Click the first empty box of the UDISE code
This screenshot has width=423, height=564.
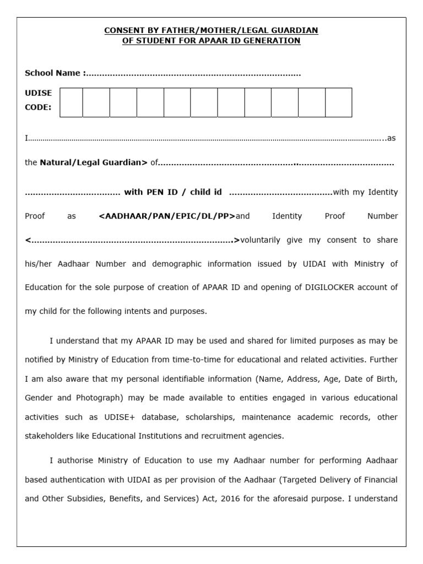[x=71, y=102]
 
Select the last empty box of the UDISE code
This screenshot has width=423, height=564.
[x=338, y=102]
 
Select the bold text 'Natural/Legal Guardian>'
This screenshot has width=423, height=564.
[x=94, y=162]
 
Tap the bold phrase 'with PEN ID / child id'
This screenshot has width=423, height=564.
[x=173, y=192]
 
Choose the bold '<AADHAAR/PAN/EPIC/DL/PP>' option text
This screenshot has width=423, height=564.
[x=167, y=216]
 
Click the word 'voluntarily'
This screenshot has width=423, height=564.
[x=261, y=240]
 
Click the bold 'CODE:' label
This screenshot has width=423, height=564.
[x=38, y=107]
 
